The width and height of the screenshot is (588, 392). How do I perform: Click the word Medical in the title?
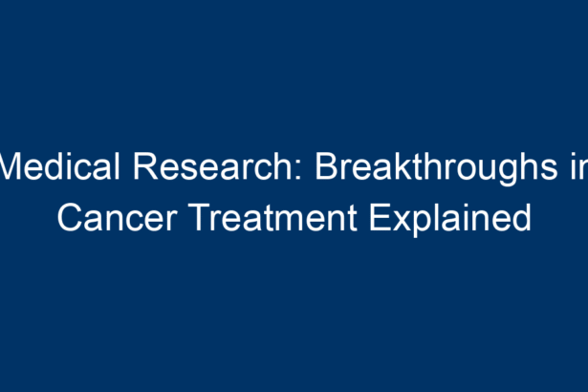tap(59, 165)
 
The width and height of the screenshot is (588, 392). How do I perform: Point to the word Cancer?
tap(118, 217)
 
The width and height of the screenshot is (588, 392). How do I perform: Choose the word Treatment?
tap(274, 217)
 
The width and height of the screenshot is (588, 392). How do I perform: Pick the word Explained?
tap(450, 220)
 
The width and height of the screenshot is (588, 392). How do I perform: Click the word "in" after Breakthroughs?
tap(579, 166)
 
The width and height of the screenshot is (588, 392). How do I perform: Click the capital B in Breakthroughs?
tap(327, 166)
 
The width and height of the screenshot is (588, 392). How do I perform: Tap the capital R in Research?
tap(145, 166)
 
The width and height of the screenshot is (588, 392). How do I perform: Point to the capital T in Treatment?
tap(202, 218)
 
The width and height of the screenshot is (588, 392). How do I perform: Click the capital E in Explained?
tap(381, 218)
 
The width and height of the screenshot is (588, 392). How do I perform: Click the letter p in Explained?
tap(426, 225)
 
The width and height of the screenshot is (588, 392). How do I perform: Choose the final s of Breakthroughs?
tap(549, 170)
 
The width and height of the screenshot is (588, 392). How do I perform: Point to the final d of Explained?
tap(522, 218)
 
